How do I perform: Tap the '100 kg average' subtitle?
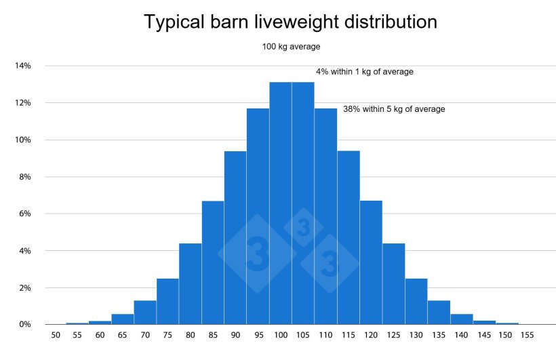pyautogui.click(x=292, y=47)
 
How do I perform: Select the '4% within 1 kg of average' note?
pyautogui.click(x=364, y=71)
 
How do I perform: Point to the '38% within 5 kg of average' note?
pyautogui.click(x=394, y=108)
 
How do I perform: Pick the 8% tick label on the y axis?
pyautogui.click(x=24, y=177)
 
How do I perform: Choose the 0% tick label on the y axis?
pyautogui.click(x=24, y=325)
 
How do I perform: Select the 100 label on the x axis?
pyautogui.click(x=280, y=335)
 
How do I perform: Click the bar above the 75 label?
pyautogui.click(x=167, y=302)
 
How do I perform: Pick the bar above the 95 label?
pyautogui.click(x=258, y=217)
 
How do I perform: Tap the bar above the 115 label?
pyautogui.click(x=349, y=237)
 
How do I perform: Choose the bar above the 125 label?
pyautogui.click(x=394, y=284)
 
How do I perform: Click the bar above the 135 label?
pyautogui.click(x=439, y=313)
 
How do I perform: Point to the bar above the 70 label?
pyautogui.click(x=145, y=313)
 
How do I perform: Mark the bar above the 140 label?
pyautogui.click(x=462, y=319)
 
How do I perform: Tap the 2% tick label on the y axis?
pyautogui.click(x=24, y=288)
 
